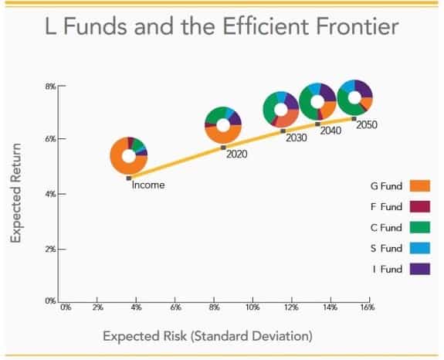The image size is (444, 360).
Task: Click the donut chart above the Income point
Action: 128,154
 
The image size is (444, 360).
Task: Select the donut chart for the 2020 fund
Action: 223,125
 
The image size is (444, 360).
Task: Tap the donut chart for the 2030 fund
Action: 281,110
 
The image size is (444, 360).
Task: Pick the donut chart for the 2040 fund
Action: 317,102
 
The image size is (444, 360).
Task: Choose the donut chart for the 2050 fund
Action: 355,97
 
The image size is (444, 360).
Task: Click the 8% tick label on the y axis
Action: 49,86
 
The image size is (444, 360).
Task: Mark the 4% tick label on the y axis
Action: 49,194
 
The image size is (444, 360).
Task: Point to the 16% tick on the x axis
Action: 367,307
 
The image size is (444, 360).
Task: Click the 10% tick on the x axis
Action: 252,307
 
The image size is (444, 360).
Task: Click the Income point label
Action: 147,185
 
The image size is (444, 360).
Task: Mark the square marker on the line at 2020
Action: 223,148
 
